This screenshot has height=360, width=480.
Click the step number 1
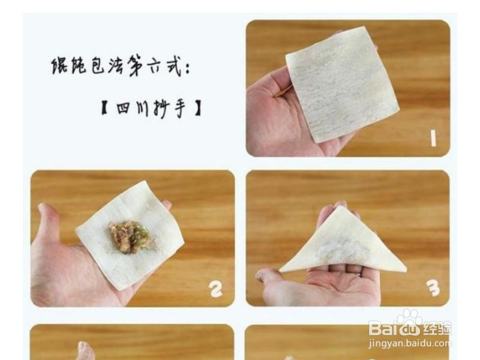click(x=433, y=138)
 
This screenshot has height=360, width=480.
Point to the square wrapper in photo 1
click(x=342, y=84)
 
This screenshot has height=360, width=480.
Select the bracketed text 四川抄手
click(x=151, y=109)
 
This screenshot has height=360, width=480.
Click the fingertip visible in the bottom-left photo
click(x=85, y=348)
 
